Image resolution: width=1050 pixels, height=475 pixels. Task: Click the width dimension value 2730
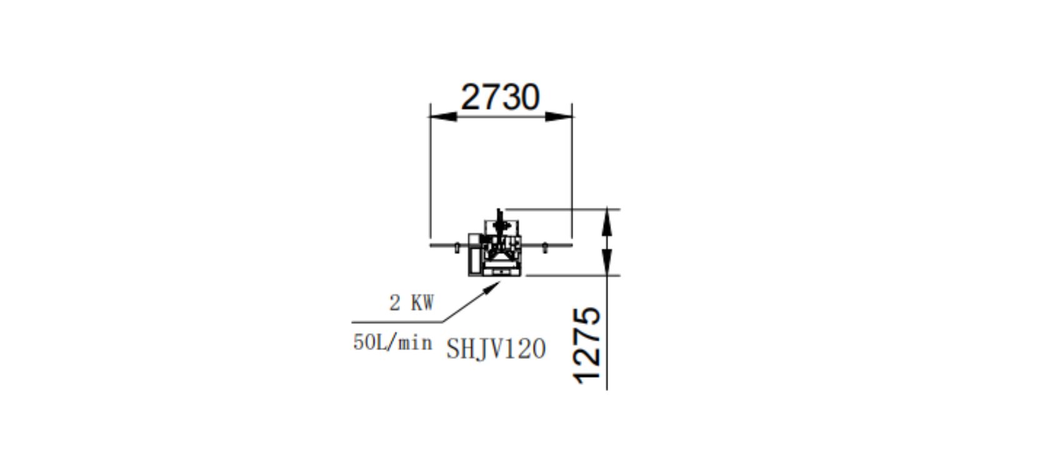coord(500,97)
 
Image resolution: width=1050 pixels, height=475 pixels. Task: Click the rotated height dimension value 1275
coord(587,346)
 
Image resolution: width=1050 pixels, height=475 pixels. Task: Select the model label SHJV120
coord(496,349)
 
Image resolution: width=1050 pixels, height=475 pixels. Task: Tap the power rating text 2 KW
coord(411,303)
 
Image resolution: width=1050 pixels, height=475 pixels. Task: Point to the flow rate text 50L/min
coord(392,342)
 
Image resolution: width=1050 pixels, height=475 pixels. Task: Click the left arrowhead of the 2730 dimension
coord(444,116)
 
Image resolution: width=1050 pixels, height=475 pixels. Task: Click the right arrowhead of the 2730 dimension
coord(559,116)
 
